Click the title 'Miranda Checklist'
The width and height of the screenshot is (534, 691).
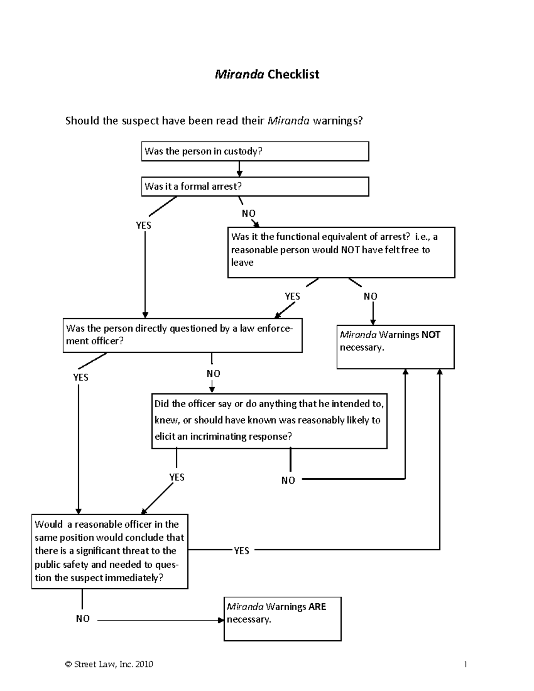click(267, 74)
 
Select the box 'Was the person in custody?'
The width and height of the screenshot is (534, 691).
click(255, 151)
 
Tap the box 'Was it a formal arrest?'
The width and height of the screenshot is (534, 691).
click(255, 186)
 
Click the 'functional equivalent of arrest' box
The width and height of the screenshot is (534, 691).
click(341, 252)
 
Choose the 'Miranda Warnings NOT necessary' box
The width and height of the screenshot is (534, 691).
click(395, 347)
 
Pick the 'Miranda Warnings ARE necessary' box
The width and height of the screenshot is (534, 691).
click(282, 618)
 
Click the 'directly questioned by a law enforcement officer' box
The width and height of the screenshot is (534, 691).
click(182, 335)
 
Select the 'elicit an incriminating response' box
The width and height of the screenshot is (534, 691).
click(269, 420)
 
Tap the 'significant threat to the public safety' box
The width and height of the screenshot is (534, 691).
click(109, 551)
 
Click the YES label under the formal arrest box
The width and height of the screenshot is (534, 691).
click(143, 226)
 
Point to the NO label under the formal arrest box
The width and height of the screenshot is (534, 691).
click(248, 214)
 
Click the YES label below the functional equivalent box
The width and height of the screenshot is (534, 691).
click(292, 296)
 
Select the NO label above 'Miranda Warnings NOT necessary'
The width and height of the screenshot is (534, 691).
click(370, 296)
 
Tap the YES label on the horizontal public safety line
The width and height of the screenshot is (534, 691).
click(241, 551)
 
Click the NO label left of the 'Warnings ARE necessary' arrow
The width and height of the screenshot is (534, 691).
click(83, 619)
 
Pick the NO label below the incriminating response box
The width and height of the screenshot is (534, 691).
click(288, 481)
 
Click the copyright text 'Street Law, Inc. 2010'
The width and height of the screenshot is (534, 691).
click(109, 664)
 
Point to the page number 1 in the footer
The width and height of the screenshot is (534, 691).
click(465, 665)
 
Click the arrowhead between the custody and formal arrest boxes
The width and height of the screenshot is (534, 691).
click(239, 174)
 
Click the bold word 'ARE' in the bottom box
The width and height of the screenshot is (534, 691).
click(317, 607)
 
